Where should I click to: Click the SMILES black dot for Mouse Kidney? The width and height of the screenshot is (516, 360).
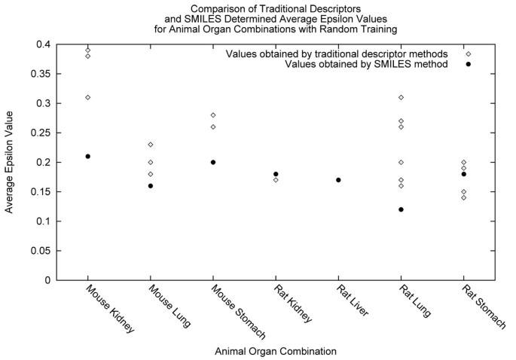[x=88, y=156]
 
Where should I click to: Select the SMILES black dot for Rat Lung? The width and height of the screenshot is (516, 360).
[x=401, y=209]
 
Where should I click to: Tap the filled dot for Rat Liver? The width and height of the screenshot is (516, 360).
[x=338, y=180]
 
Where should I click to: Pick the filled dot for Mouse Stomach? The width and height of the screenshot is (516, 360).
[x=213, y=162]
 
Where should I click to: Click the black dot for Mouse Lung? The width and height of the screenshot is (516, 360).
[x=151, y=185]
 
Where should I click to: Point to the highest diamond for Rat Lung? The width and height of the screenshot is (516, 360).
[x=401, y=97]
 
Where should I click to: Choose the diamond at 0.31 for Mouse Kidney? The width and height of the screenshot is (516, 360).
[x=88, y=97]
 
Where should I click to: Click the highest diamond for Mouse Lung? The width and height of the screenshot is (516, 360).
[x=151, y=145]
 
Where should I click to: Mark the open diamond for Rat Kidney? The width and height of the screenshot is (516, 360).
[x=276, y=180]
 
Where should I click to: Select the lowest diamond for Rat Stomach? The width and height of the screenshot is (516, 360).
[x=463, y=197]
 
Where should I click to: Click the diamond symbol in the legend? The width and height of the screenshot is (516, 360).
[x=468, y=53]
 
